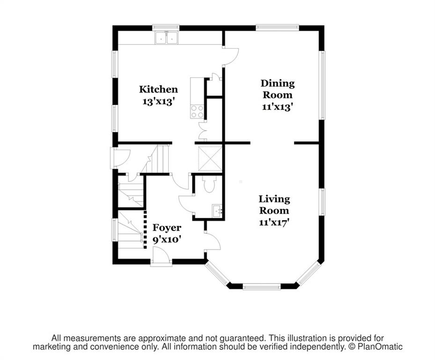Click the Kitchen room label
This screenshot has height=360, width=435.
pos(158,90)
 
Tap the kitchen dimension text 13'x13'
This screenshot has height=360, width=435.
pos(158,102)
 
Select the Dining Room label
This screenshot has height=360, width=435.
pos(277,89)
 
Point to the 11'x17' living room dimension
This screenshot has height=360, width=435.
pos(274,223)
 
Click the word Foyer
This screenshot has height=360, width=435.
pos(167,228)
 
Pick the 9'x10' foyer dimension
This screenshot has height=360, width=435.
pos(167,240)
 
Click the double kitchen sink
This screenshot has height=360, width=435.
pos(166,37)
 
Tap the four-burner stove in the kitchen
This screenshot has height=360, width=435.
pos(197,112)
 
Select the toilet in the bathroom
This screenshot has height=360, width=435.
pos(209,184)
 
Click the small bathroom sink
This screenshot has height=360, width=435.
pos(217,211)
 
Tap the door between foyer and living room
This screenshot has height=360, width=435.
pos(213,242)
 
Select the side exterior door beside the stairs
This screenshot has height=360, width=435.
pos(120,158)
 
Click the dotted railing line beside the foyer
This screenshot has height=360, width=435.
pos(145,229)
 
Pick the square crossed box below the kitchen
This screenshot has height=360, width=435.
pos(210,158)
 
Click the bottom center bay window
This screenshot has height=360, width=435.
pos(261,286)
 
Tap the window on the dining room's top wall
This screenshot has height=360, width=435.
pos(277,28)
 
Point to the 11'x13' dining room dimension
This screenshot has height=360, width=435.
pos(277,107)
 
